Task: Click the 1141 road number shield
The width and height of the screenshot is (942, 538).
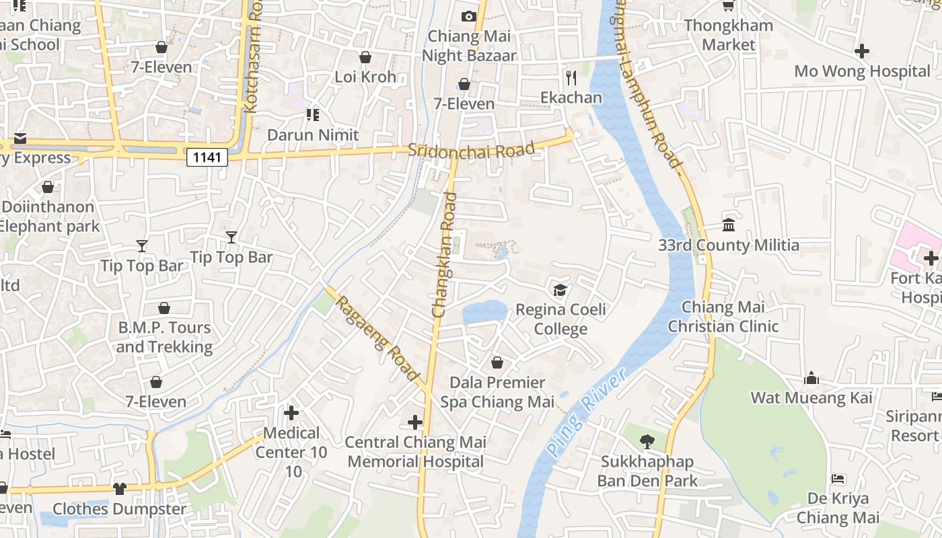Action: point(207,157)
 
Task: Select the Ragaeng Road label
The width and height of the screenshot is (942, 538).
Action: point(377,338)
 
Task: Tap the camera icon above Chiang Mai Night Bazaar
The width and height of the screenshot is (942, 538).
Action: point(469,16)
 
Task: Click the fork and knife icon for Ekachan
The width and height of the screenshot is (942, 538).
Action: point(571,78)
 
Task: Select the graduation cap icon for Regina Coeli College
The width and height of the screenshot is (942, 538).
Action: point(560,290)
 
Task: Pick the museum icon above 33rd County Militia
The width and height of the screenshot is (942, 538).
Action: point(729,225)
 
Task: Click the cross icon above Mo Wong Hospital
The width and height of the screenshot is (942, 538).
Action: point(862,51)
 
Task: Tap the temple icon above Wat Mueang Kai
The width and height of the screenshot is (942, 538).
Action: point(811,378)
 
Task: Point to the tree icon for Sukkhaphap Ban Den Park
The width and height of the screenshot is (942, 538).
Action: point(647,442)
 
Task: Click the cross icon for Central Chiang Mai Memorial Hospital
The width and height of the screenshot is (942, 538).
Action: point(415,422)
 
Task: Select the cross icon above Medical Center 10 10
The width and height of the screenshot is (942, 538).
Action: point(291,412)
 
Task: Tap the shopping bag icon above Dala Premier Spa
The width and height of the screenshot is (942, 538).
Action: point(497,362)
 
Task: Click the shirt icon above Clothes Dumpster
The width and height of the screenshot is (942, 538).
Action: point(120,488)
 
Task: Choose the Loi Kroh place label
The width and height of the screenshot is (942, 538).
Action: point(365,77)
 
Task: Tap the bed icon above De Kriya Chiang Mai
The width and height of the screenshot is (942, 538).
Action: point(838,479)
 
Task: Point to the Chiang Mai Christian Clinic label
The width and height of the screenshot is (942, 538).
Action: point(723,317)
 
